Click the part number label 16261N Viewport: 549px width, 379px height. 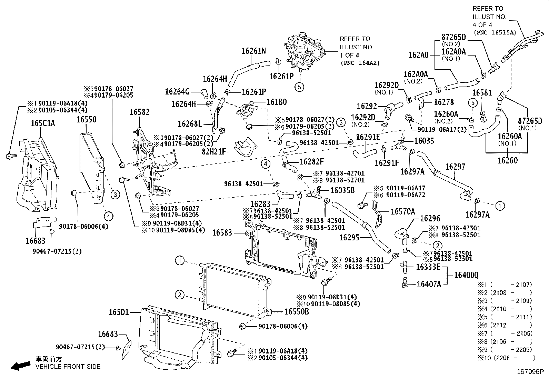[253, 51]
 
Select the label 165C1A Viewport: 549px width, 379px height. [43, 123]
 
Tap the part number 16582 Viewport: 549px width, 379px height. [140, 112]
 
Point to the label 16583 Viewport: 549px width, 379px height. [222, 233]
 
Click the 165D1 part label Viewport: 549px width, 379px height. [119, 312]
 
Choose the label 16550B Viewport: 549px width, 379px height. [297, 312]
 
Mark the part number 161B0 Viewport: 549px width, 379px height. [277, 102]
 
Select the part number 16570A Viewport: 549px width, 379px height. [403, 212]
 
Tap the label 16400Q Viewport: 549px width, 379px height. [466, 275]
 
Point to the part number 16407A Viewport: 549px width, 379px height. [429, 284]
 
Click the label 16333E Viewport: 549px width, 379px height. [428, 267]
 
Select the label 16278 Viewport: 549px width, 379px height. [443, 102]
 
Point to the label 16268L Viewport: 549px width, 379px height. [190, 123]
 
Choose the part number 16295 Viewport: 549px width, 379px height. [349, 237]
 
